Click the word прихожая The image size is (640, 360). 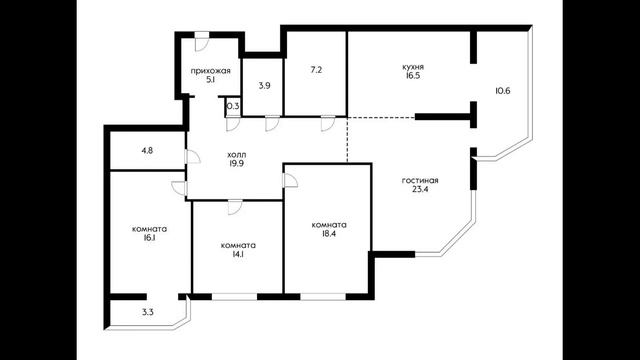(211, 71)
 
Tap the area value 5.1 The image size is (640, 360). (211, 80)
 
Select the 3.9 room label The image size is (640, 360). (264, 86)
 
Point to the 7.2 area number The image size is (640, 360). (316, 70)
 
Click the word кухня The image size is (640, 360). (413, 67)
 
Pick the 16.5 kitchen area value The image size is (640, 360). (413, 76)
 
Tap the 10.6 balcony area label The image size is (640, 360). (503, 91)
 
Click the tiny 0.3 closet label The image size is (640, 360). (233, 107)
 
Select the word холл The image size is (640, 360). (237, 155)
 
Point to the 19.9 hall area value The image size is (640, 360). (237, 164)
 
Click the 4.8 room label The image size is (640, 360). (147, 150)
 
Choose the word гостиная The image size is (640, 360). (420, 180)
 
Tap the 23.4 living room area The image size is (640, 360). (420, 189)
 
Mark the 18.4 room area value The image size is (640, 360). (329, 234)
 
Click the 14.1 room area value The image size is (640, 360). (238, 254)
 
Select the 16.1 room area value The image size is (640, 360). (149, 238)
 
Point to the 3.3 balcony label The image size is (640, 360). (148, 313)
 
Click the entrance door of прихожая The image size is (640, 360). (202, 42)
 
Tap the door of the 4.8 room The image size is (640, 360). (192, 157)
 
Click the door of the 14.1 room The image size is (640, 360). (234, 207)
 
